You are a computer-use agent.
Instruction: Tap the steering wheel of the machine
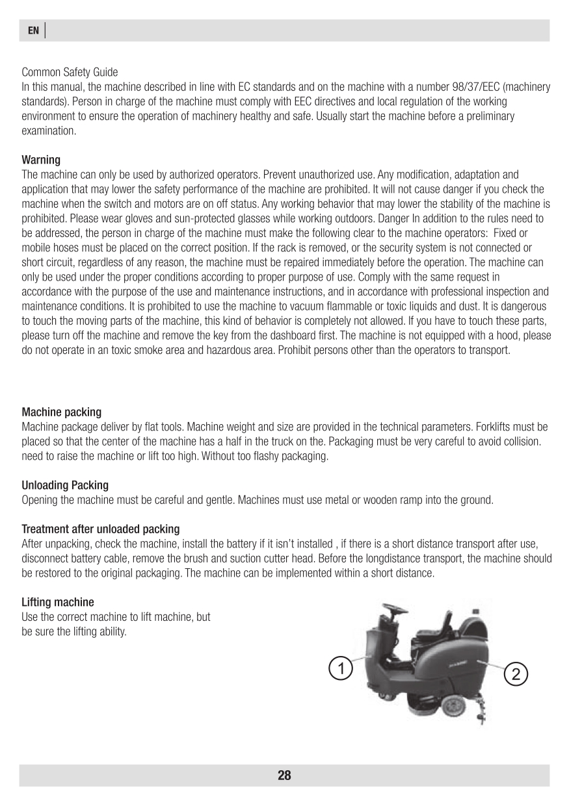pos(394,609)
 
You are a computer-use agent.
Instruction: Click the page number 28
pos(284,775)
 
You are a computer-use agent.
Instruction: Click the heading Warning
pos(41,160)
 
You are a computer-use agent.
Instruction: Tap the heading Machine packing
pos(62,412)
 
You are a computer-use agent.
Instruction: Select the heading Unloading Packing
pos(65,485)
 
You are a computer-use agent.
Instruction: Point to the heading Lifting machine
pos(58,602)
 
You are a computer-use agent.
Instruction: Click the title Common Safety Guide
pos(70,71)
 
